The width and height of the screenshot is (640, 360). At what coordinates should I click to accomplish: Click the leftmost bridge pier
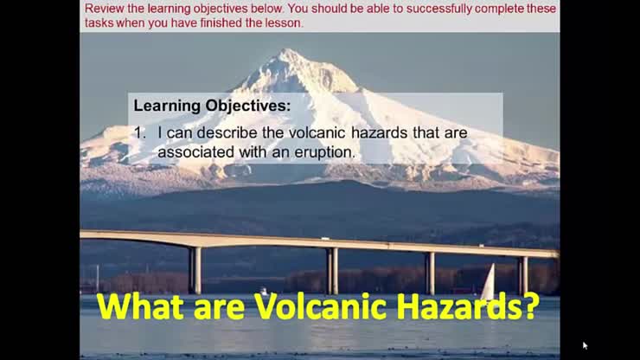195,270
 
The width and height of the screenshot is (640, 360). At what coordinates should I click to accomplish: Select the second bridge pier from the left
332,271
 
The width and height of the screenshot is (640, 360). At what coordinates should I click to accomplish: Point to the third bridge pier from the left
430,273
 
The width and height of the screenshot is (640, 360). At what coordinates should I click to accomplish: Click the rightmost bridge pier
523,274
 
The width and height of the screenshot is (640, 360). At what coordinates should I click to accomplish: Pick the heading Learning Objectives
212,106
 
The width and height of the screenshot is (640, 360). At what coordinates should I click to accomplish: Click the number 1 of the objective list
139,133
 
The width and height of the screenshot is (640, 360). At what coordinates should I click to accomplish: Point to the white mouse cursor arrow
585,345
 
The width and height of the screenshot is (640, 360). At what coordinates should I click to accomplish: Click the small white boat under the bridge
263,292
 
